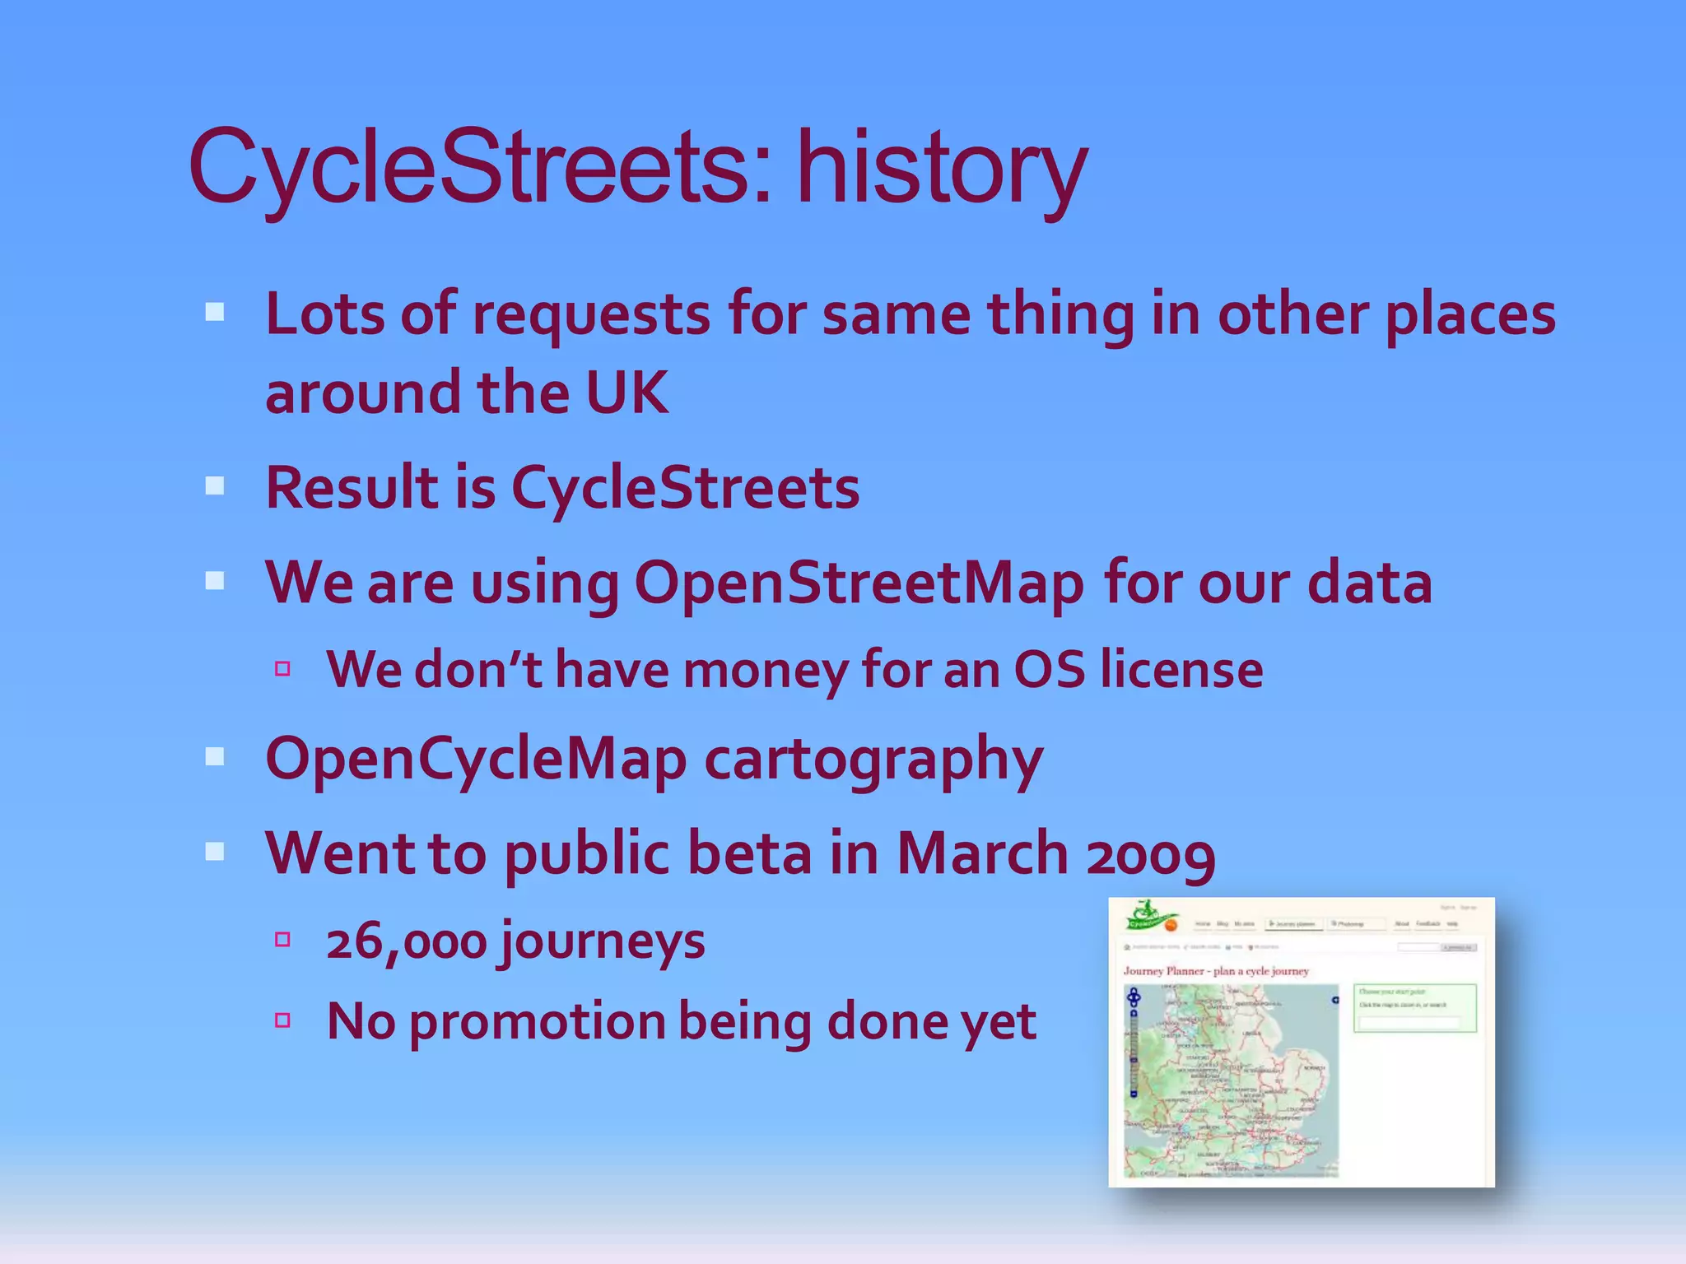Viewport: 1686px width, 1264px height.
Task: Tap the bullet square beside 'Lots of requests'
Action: pos(215,312)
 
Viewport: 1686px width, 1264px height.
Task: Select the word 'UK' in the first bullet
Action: pos(626,393)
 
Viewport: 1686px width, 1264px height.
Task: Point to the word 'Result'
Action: pos(352,487)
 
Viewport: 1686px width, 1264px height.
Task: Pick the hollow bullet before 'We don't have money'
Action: pos(282,668)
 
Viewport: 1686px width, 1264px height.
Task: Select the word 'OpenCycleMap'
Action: pos(476,759)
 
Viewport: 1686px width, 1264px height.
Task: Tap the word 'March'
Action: pos(982,853)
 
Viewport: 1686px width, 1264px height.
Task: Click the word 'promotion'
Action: pos(537,1021)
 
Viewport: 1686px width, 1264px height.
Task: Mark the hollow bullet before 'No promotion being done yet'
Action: pos(282,1020)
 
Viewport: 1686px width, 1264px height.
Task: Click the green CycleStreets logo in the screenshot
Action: pos(1151,918)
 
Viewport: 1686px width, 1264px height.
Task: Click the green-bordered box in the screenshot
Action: pos(1414,1008)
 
